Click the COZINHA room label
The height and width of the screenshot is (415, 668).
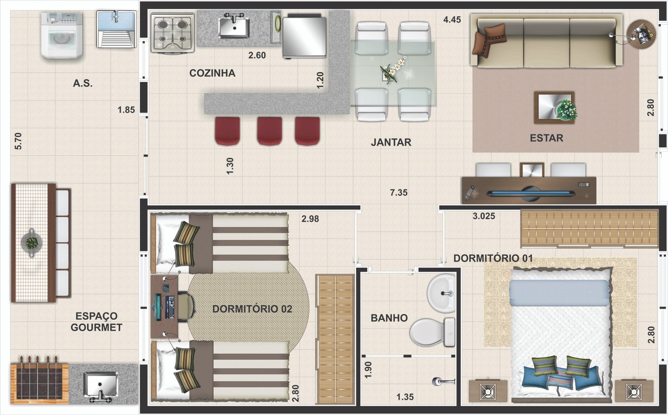tap(213, 73)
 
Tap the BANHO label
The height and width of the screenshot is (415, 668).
tap(389, 318)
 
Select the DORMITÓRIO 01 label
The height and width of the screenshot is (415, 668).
tap(493, 258)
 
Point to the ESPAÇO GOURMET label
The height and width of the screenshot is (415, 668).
tap(96, 321)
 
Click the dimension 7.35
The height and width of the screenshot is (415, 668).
tap(399, 192)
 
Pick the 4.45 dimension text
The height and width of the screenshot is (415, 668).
tap(452, 20)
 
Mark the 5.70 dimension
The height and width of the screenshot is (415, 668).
tap(18, 141)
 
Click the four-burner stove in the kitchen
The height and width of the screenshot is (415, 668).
tap(172, 33)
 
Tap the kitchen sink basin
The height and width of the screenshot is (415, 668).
tap(234, 28)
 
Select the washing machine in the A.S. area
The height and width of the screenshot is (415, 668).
tap(62, 35)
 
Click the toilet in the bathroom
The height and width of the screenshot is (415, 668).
tap(433, 332)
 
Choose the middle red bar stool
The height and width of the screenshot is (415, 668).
tap(270, 131)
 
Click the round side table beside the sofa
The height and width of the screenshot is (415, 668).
tap(641, 33)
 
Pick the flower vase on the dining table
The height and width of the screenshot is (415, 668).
tap(392, 70)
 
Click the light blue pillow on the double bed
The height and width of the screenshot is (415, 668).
tap(559, 293)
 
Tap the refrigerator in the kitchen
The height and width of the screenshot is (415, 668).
tap(304, 36)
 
